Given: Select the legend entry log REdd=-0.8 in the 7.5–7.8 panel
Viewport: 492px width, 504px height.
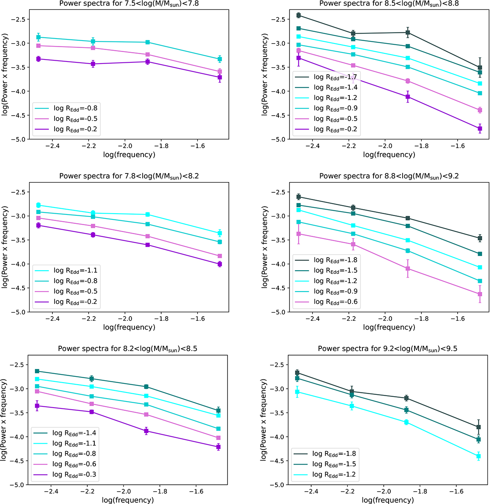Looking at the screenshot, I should (x=75, y=108).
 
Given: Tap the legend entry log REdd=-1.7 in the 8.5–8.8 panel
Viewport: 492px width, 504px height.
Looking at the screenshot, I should (x=335, y=77).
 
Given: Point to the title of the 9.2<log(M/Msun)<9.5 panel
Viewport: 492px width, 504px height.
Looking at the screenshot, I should (x=387, y=349).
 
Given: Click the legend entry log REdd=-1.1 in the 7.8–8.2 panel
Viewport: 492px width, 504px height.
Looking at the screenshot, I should (x=75, y=271).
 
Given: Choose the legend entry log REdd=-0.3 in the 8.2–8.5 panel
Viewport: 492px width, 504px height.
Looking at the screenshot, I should (x=74, y=475).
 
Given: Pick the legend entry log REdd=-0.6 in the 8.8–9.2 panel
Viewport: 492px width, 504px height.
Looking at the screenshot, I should (x=335, y=302).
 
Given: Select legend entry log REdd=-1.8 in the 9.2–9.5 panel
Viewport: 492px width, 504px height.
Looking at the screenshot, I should (x=334, y=454).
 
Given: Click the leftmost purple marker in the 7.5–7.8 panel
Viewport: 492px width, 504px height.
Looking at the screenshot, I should (x=39, y=59).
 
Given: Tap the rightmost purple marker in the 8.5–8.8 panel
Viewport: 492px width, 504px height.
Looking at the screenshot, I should (x=480, y=129).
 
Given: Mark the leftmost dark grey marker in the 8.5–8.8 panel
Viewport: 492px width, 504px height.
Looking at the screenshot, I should (x=298, y=15).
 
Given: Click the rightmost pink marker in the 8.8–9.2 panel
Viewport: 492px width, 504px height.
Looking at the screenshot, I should (x=480, y=294).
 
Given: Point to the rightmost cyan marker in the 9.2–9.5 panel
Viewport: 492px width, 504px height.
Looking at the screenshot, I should (x=478, y=456).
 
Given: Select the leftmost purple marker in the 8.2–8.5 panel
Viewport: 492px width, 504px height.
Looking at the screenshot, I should (x=37, y=406).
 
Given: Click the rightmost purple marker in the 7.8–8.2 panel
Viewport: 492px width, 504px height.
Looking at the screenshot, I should (x=220, y=264).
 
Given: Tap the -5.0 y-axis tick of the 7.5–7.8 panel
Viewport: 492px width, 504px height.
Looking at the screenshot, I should (x=19, y=139).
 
